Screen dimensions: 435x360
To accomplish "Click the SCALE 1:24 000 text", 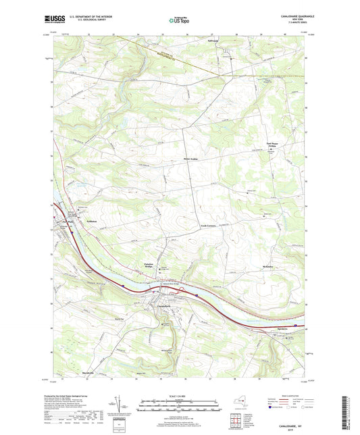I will [180, 395].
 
